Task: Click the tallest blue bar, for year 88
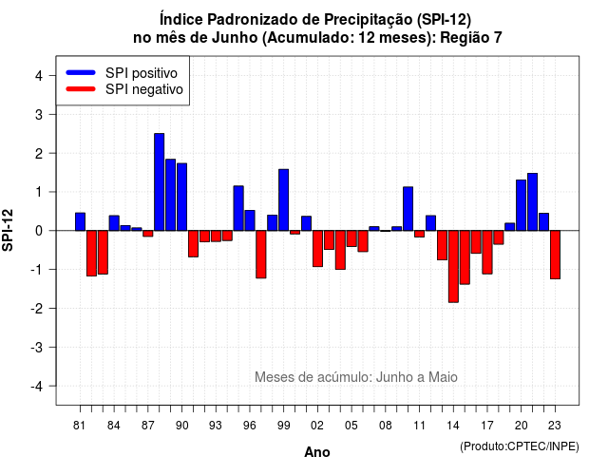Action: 159,181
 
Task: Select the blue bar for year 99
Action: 283,199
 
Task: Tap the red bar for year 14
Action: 453,266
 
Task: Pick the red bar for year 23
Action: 555,255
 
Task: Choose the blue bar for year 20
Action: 522,205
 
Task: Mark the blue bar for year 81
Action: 80,221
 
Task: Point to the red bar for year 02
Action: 317,249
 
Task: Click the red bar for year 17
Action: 487,252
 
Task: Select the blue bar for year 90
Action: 181,197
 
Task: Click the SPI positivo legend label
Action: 142,73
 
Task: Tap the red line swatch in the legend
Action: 81,88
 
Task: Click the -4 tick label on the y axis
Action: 37,386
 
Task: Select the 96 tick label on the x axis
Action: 249,426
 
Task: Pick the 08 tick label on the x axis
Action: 385,426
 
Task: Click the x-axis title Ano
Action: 317,452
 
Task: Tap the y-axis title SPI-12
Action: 8,230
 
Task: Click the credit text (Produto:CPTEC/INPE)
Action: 520,446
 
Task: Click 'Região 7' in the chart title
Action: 471,38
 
